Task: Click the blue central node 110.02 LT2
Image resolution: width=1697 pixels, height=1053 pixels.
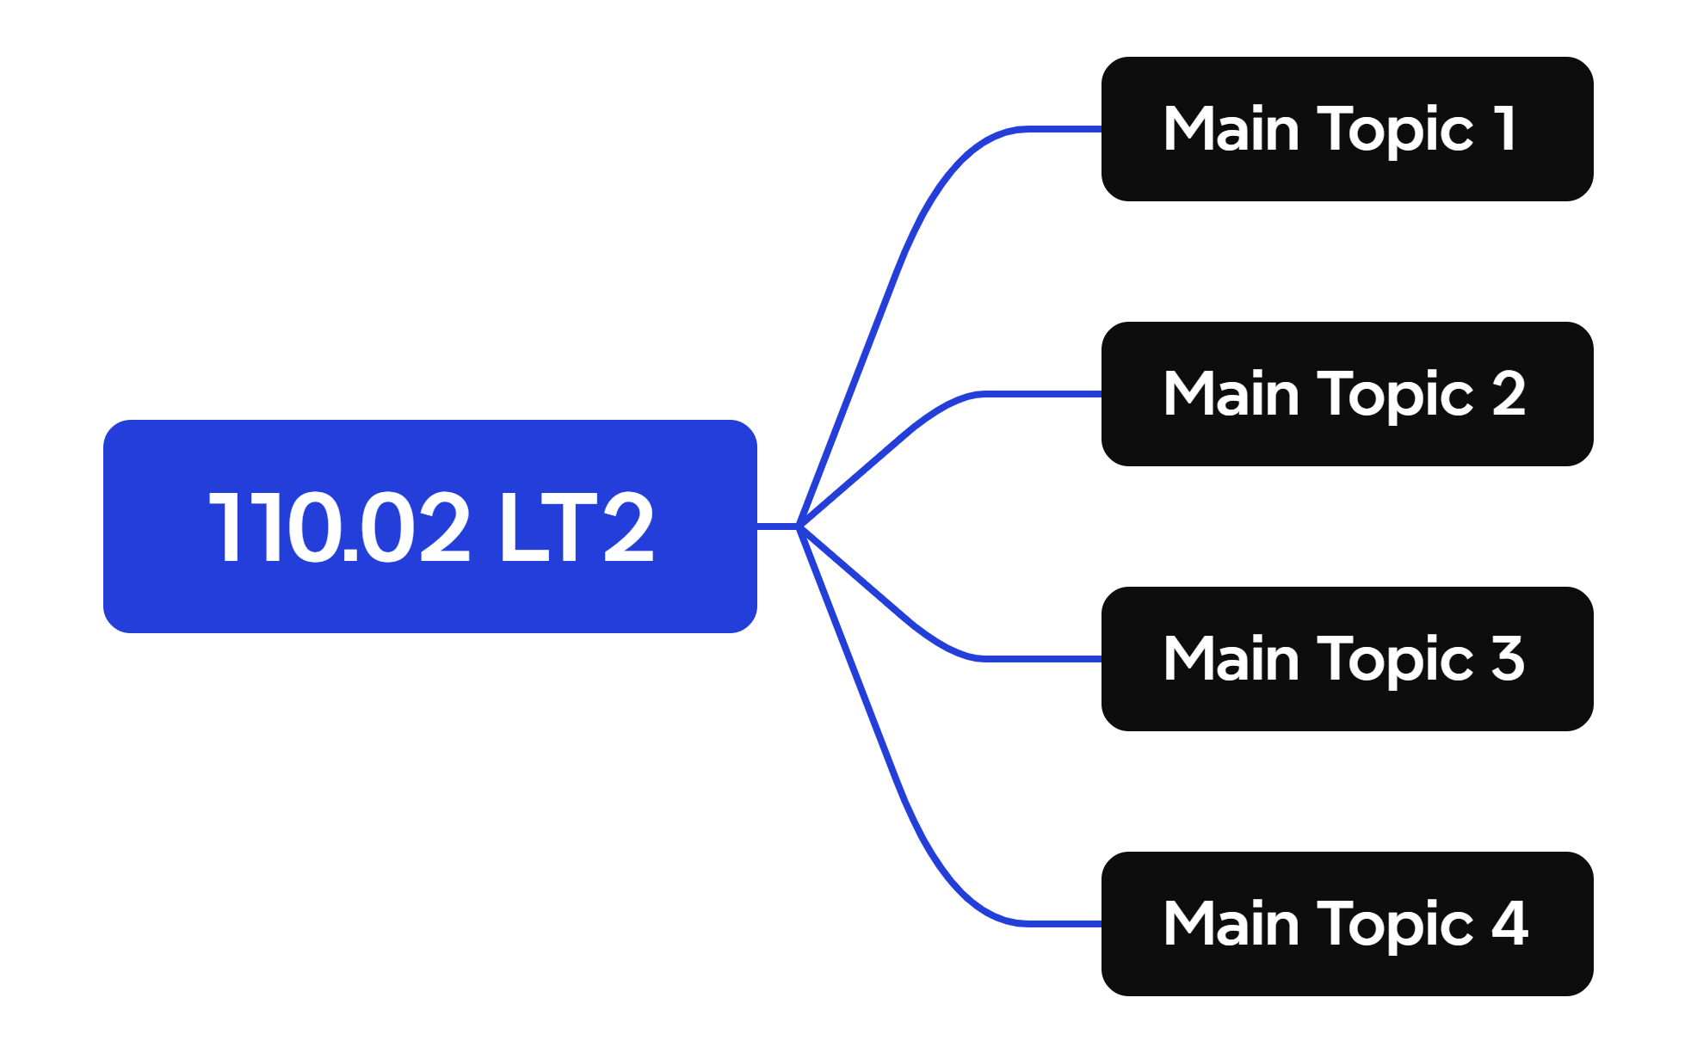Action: (430, 526)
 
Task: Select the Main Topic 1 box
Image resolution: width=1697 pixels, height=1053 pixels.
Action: (1348, 129)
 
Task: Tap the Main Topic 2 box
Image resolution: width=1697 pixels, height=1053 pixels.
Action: (1348, 394)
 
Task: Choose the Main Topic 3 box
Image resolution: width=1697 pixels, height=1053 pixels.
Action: (1348, 659)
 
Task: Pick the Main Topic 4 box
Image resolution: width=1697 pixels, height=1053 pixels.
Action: (1348, 924)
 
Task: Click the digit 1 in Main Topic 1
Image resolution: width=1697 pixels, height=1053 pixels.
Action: (1504, 128)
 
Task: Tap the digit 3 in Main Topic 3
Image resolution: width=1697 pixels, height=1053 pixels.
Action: (1509, 658)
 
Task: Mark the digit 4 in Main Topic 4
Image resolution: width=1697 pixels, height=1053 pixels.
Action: (1510, 923)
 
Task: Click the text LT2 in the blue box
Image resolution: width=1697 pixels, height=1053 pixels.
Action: (577, 527)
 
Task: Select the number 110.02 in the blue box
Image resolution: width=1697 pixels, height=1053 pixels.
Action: (340, 527)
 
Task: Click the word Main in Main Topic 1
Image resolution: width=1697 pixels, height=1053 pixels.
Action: (1231, 128)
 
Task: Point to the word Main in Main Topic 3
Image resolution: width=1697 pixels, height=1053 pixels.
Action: (1231, 658)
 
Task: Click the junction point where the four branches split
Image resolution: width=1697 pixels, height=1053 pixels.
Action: (799, 526)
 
